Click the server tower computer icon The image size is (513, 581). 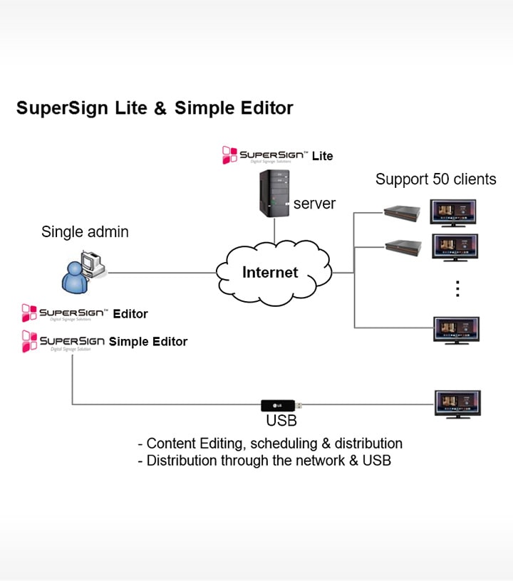[x=274, y=192]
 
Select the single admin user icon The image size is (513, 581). [x=81, y=272]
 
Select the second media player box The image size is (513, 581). [x=403, y=248]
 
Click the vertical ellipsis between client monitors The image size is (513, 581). [x=458, y=288]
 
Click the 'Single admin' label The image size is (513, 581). [x=85, y=231]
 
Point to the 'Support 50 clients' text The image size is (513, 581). [x=435, y=179]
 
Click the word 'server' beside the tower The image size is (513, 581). [x=314, y=204]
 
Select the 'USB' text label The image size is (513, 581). [x=281, y=422]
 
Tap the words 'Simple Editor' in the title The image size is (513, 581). [x=234, y=108]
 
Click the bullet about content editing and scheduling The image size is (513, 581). [x=269, y=443]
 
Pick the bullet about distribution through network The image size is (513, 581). [x=264, y=461]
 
